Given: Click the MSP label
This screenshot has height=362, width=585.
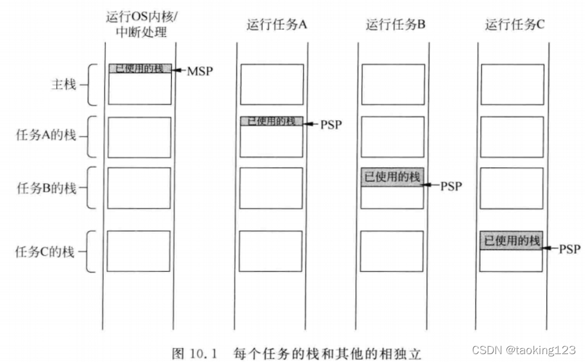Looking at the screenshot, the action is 200,71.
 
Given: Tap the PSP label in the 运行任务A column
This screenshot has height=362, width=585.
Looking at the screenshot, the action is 331,124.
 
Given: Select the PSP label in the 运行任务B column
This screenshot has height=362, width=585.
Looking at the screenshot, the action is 451,186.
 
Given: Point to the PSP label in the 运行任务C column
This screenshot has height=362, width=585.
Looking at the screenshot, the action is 569,248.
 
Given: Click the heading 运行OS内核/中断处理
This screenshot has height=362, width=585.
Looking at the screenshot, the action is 141,24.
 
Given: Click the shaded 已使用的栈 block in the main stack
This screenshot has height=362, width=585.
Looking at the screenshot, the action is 140,68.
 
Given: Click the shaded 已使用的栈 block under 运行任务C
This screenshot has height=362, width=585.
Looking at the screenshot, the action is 511,240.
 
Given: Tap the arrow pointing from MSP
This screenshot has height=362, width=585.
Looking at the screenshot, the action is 178,71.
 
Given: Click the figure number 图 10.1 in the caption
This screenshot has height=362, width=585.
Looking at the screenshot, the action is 197,352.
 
